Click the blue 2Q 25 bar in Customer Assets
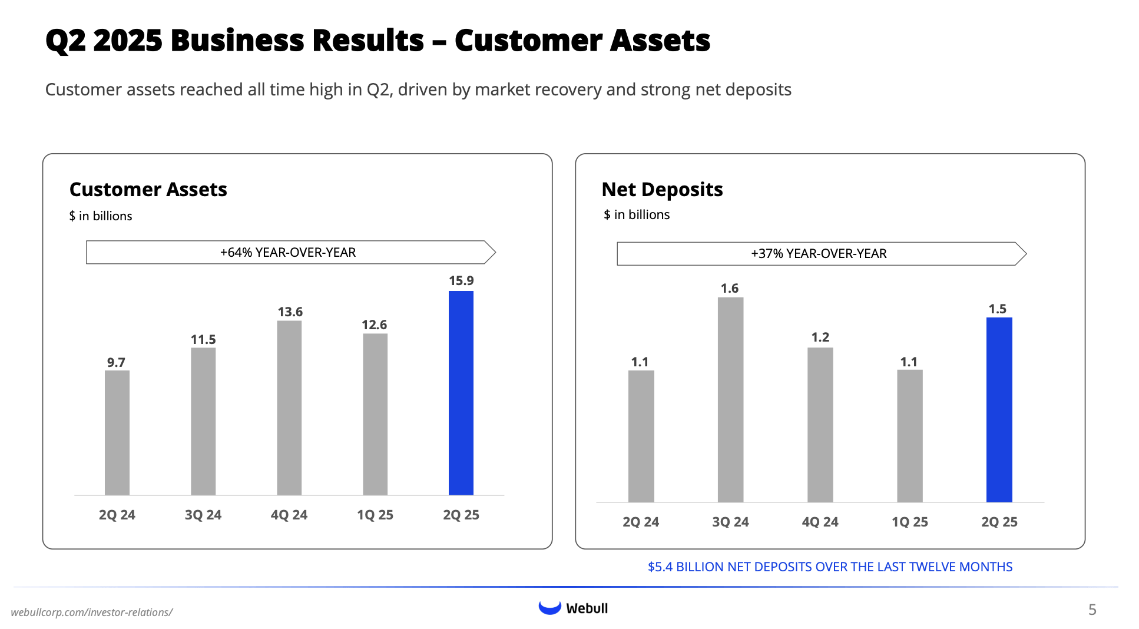(461, 393)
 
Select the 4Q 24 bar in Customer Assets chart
(289, 408)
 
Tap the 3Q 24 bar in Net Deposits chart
(730, 399)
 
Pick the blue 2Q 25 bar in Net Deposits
(999, 409)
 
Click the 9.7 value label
(116, 362)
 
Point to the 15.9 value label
(461, 281)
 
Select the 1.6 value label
(729, 289)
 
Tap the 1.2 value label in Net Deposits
(820, 337)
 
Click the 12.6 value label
(374, 325)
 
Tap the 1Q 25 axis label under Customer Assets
(375, 515)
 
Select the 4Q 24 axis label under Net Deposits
(820, 522)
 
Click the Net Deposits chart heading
(662, 190)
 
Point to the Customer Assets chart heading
(148, 190)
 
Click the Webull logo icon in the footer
(549, 608)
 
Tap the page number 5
(1092, 610)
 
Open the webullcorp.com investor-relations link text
(91, 613)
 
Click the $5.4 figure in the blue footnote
(660, 567)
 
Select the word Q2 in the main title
(65, 41)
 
